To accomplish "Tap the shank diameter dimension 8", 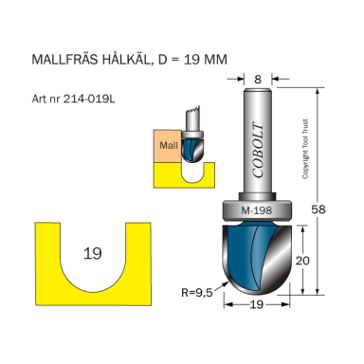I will [259, 81].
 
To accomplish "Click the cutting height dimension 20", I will [300, 261].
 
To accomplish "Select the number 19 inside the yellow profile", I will [92, 253].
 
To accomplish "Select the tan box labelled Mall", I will [168, 145].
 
